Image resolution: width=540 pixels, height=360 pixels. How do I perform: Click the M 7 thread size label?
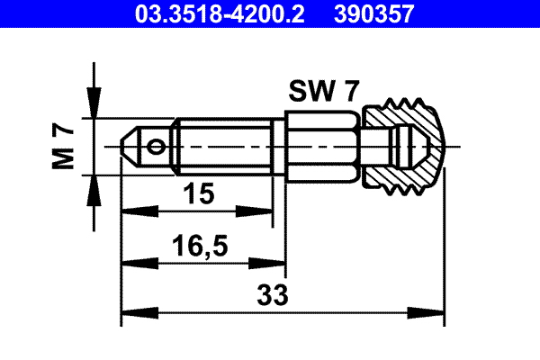[x=63, y=147]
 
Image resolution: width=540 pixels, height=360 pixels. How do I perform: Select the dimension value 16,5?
[x=200, y=245]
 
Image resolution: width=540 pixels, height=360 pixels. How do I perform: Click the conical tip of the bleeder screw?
[x=131, y=145]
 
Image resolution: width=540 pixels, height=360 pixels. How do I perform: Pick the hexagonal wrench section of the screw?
[x=322, y=145]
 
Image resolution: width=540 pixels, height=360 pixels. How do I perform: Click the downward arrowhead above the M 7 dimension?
[x=93, y=109]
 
